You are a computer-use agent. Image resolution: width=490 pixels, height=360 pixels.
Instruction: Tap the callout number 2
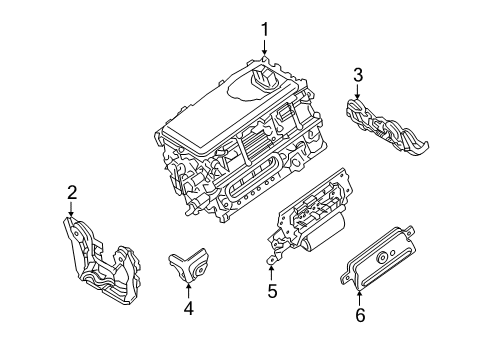click(x=72, y=192)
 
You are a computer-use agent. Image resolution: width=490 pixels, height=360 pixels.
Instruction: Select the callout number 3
click(x=358, y=74)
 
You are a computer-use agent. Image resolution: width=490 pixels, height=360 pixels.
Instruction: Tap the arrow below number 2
click(x=72, y=211)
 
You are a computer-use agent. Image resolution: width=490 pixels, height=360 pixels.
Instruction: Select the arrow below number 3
click(x=358, y=94)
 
